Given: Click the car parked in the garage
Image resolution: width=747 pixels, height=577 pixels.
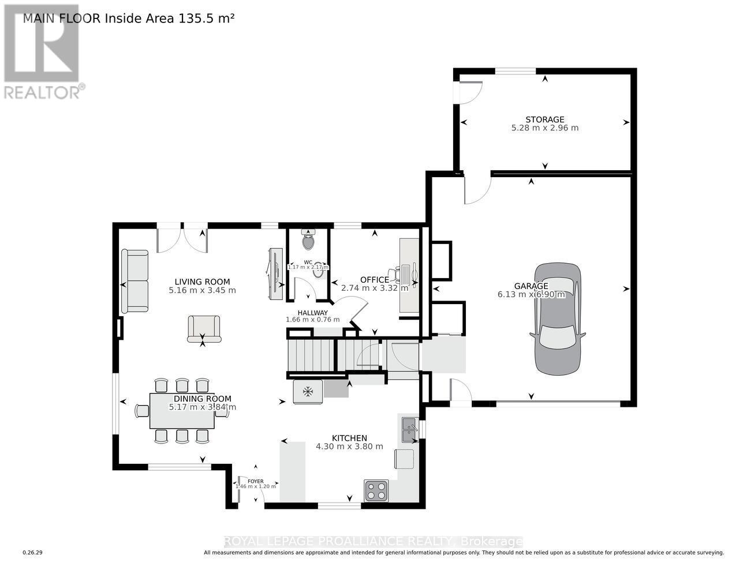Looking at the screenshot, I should tap(558, 319).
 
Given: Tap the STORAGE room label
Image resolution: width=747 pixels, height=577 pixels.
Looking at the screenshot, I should tap(544, 119).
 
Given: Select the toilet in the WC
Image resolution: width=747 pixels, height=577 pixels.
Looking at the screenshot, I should tap(308, 240).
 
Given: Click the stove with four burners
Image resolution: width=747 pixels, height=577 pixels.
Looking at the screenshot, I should tap(376, 490).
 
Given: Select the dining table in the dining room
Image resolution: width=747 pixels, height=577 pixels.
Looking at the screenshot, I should tap(182, 411).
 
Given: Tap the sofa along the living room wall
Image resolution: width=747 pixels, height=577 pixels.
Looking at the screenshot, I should tap(135, 281).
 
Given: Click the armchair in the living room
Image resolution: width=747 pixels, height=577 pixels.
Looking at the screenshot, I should tap(204, 329).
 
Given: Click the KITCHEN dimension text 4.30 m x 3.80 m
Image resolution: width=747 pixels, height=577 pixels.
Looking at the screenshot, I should tap(349, 447).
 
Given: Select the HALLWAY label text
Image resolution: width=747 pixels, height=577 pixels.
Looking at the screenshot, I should tap(312, 313).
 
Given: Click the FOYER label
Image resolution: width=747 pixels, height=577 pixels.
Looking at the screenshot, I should tap(256, 481).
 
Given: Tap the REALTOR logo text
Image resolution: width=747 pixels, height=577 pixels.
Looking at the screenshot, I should tap(43, 92).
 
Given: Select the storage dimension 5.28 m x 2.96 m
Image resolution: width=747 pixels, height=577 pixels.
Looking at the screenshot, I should tap(544, 128).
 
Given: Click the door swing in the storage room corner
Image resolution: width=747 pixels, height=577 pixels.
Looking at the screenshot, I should tap(469, 92).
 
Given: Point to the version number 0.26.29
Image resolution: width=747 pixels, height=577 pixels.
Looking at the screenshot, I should tap(32, 553).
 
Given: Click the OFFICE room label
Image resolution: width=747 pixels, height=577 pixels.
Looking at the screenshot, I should tap(374, 280).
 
